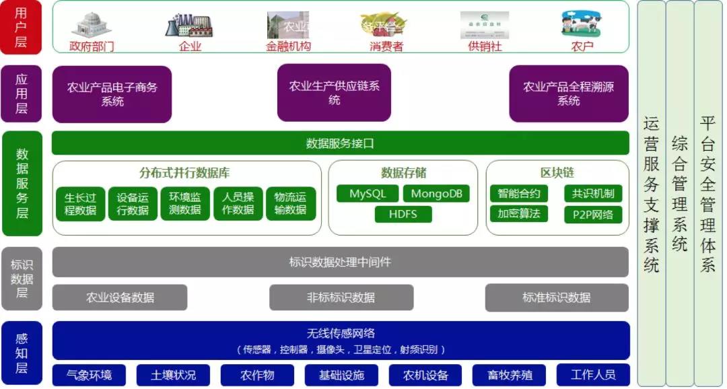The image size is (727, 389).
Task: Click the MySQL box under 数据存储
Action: [x=368, y=194]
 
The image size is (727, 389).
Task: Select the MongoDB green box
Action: [x=437, y=194]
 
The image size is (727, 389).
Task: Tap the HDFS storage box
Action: [x=403, y=215]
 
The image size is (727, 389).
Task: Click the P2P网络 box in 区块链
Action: [x=593, y=215]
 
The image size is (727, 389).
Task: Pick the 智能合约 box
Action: [x=519, y=194]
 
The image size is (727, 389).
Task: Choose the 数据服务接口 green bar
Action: [x=340, y=143]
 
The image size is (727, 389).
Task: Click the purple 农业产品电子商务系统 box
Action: [x=112, y=94]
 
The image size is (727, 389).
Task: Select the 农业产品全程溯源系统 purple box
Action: [x=568, y=94]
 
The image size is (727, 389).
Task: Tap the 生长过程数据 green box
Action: [x=80, y=204]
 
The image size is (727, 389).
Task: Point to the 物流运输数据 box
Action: [x=291, y=204]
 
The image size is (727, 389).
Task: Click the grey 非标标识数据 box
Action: [x=341, y=297]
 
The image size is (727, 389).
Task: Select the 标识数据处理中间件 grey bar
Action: [x=340, y=262]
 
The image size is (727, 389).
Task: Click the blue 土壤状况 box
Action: [x=174, y=375]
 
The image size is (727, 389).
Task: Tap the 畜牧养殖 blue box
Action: [x=510, y=375]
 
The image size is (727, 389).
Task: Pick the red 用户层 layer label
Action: [x=22, y=27]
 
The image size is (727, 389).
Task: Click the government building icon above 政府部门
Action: [x=92, y=25]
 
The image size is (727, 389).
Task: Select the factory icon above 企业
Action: [x=189, y=26]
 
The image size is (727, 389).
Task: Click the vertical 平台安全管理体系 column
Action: [x=708, y=194]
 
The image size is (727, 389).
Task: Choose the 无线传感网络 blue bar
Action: [x=341, y=340]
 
